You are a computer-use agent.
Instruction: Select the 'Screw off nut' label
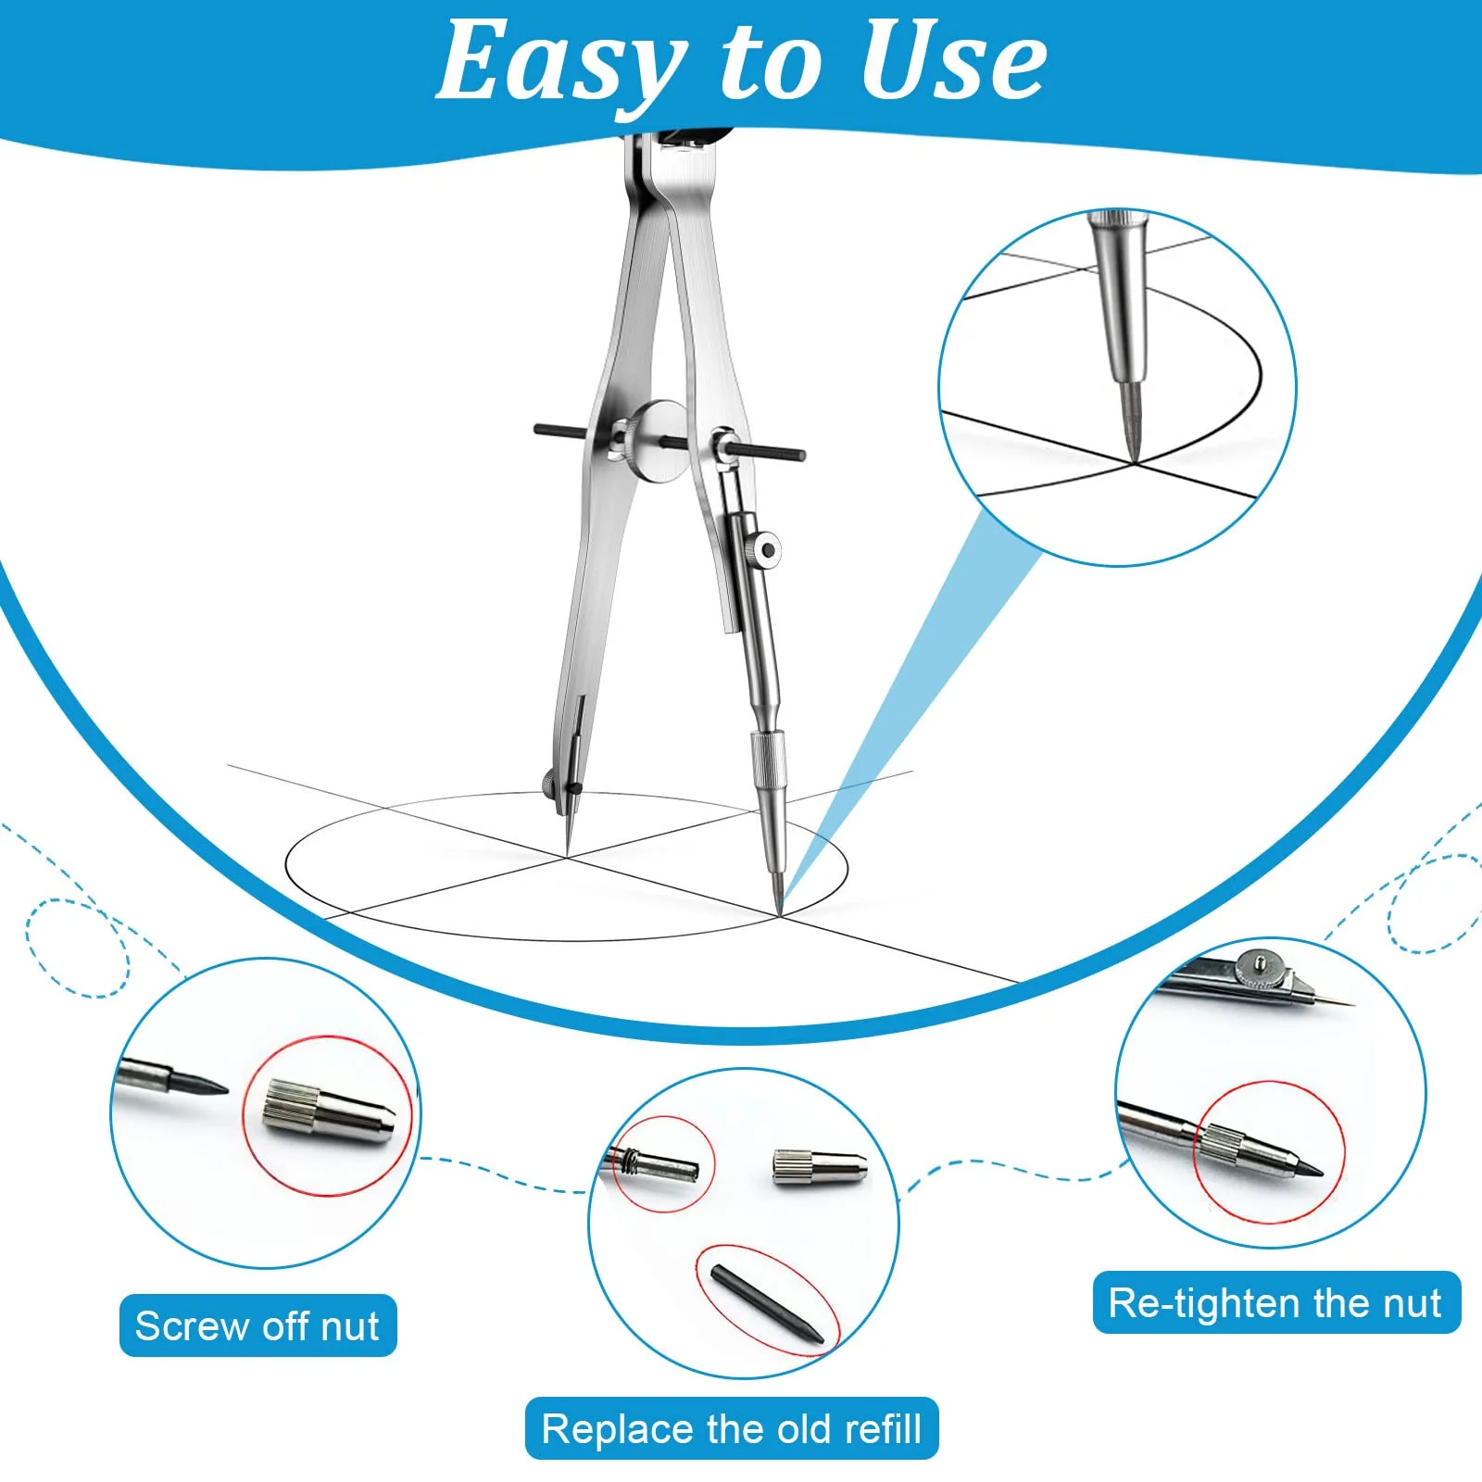point(257,1325)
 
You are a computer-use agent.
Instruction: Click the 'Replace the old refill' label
point(732,1428)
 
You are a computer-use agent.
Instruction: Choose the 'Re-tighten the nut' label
point(1275,1302)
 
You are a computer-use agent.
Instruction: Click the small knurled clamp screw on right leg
point(765,551)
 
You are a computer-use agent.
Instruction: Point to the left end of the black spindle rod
point(537,429)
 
